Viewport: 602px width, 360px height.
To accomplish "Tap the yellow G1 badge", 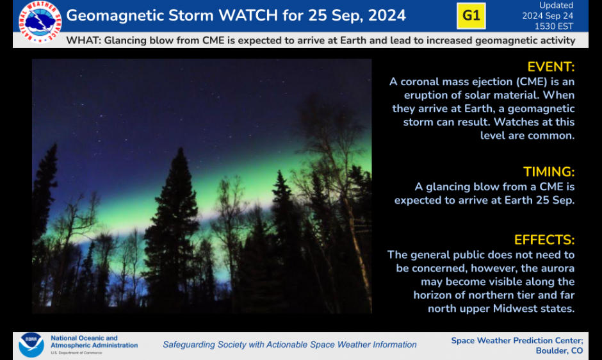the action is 471,16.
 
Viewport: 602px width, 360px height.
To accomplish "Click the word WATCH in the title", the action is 248,15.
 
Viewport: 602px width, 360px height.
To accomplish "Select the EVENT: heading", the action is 551,67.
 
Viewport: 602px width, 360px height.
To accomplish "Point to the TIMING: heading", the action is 549,172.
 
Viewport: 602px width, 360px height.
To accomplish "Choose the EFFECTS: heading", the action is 544,240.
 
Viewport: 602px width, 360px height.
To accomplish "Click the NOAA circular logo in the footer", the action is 31,345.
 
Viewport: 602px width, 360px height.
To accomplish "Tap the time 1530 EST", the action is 553,26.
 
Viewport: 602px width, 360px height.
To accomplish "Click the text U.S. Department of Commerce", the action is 76,353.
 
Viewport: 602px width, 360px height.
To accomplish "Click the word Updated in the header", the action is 556,5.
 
